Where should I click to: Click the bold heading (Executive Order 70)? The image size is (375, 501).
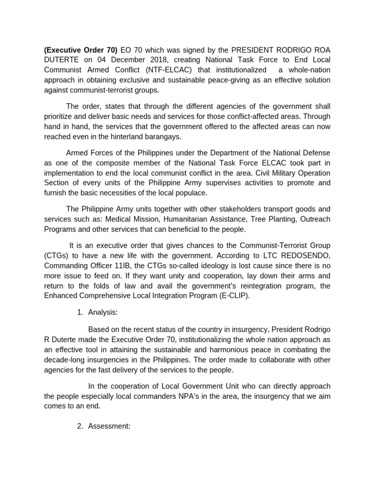coord(81,49)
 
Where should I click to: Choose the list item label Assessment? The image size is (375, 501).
coord(109,426)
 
